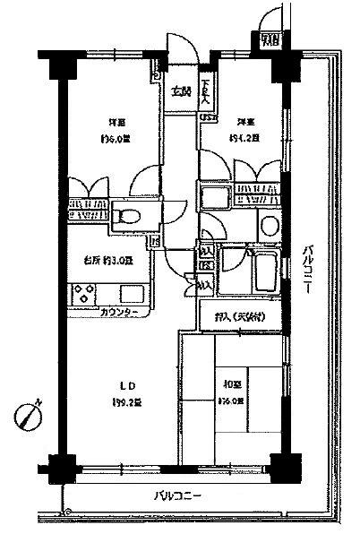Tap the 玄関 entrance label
(181, 91)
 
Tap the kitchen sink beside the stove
(133, 293)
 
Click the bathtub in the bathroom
(265, 270)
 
